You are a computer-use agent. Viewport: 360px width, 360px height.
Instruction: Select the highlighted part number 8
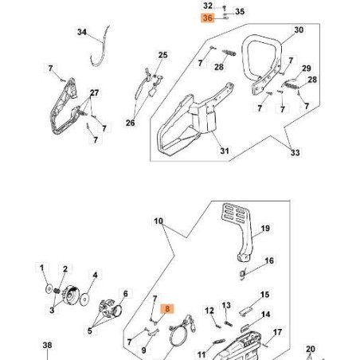pos(166,307)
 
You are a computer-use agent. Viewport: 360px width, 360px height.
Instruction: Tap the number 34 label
pos(81,33)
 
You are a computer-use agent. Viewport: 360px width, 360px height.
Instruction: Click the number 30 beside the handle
pos(299,30)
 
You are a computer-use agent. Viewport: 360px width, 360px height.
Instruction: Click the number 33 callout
pos(296,153)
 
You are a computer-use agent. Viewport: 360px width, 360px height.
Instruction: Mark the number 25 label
pos(162,55)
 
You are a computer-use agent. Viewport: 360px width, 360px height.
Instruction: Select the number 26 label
pos(131,123)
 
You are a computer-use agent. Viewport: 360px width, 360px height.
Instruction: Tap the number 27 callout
pos(95,93)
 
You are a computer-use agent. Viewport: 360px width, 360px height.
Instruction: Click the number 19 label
pos(265,229)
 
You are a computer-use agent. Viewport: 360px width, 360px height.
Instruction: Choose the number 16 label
pos(269,260)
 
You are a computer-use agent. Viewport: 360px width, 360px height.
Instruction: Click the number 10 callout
pos(158,221)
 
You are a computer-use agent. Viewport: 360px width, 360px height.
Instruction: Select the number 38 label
pos(47,345)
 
